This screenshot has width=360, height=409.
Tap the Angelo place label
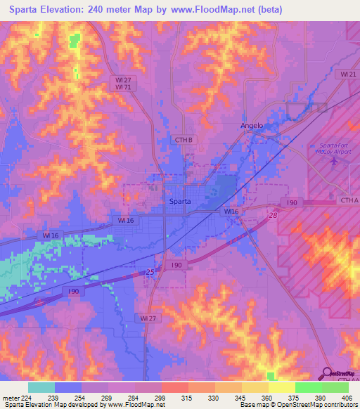coord(252,126)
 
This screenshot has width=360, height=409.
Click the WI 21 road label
coord(347,74)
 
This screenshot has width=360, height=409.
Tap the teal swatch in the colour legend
coord(41,387)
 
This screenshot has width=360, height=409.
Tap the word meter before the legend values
coord(11,398)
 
